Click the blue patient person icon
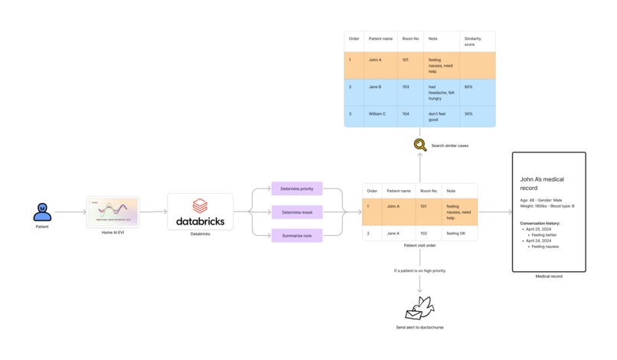42,211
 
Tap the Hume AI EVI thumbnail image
113,212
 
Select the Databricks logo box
200,211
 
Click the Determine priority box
296,188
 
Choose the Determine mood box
296,212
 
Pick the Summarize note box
296,236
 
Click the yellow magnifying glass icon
420,145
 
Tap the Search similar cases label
449,146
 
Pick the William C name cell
377,114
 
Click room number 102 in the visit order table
423,234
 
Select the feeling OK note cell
456,234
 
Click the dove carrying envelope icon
419,308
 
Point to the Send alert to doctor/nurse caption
419,327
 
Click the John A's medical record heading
542,184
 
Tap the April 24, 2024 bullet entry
538,241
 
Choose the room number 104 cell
406,114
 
